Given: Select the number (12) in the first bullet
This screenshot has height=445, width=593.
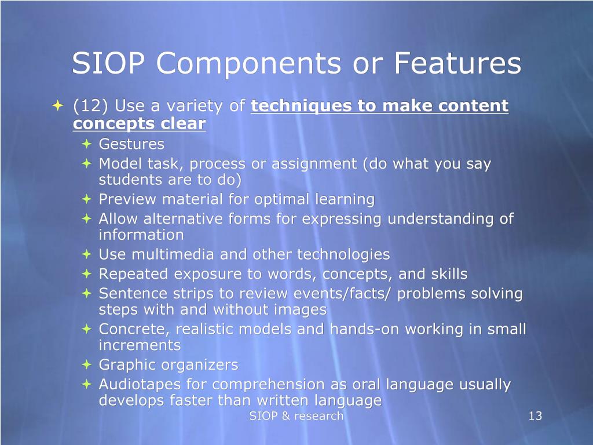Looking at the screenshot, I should pyautogui.click(x=91, y=107).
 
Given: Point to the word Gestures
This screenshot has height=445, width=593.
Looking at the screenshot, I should pyautogui.click(x=131, y=144).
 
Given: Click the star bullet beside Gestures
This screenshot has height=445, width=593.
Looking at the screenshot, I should pyautogui.click(x=87, y=144).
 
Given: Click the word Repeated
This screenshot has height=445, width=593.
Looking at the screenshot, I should pyautogui.click(x=133, y=273).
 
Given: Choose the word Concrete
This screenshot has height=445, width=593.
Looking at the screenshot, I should pyautogui.click(x=134, y=329).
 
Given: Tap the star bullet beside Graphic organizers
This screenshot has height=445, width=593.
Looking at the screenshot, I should pyautogui.click(x=87, y=365).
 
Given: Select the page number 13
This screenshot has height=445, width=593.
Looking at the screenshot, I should pyautogui.click(x=535, y=416).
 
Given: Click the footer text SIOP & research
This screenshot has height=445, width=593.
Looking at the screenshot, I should pyautogui.click(x=296, y=416).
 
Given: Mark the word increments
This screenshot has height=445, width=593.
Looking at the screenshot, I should pyautogui.click(x=140, y=345).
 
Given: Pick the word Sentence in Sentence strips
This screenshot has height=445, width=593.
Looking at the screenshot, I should pyautogui.click(x=130, y=294).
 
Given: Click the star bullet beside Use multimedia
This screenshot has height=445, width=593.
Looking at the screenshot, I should pyautogui.click(x=87, y=254).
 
